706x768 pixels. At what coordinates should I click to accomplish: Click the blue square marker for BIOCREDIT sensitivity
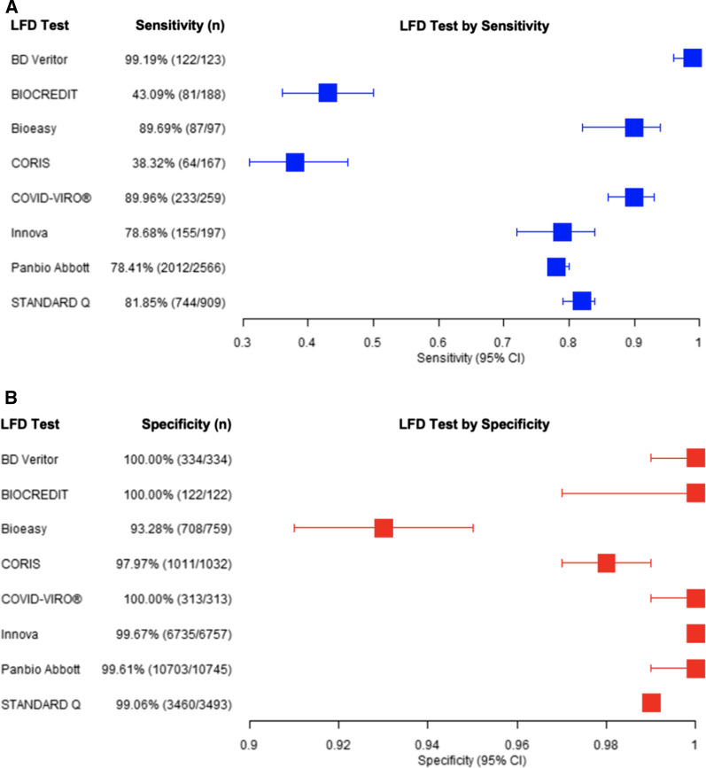click(328, 93)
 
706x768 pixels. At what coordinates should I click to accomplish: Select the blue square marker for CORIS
click(295, 162)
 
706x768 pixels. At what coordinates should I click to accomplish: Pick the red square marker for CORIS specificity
click(606, 563)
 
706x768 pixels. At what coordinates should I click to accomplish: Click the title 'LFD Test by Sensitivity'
click(474, 26)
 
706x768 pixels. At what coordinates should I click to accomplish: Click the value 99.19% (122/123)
click(175, 58)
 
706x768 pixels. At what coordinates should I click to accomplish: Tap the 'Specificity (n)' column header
click(186, 424)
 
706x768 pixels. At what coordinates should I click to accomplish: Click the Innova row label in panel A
click(28, 232)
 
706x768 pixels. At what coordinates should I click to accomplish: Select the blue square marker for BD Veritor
click(692, 58)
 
